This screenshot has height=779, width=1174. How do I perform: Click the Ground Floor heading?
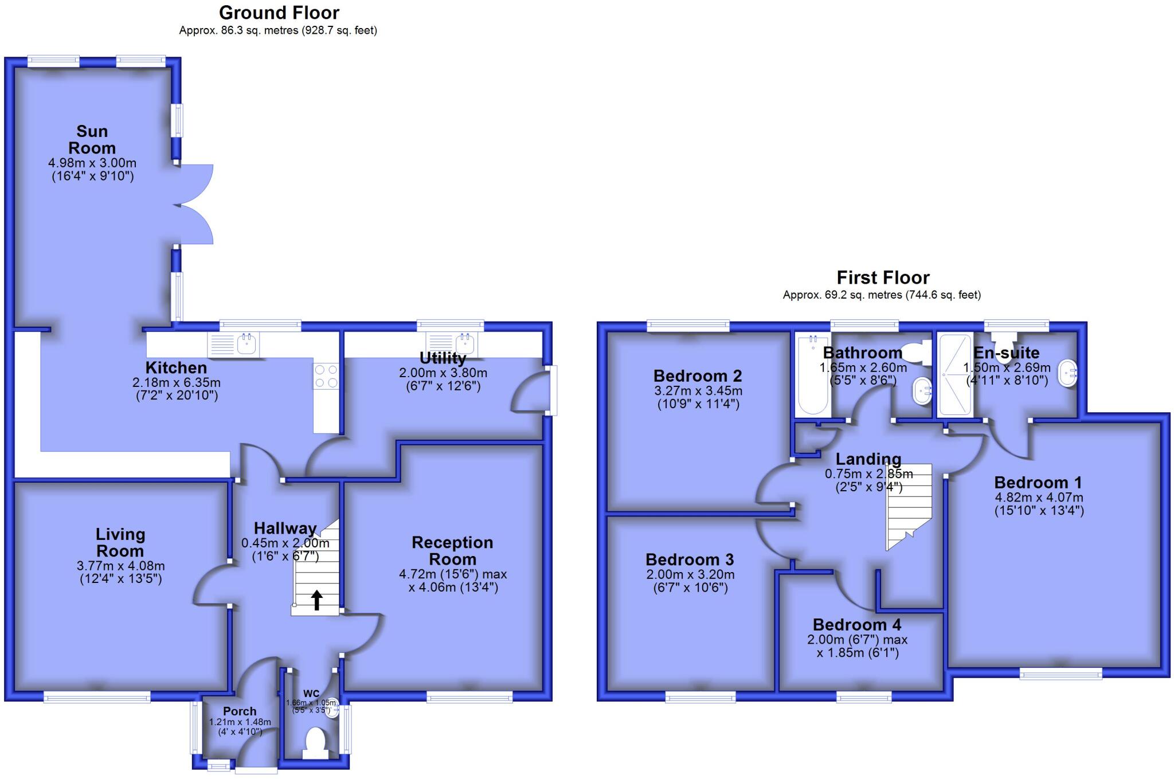(x=279, y=13)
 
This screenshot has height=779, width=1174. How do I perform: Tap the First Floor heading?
(x=883, y=277)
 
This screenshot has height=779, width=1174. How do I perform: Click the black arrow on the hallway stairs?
(x=316, y=600)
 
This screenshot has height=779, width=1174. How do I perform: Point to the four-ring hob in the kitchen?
(x=326, y=376)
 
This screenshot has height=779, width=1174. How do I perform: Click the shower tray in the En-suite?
(x=955, y=375)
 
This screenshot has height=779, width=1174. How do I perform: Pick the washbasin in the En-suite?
(x=1069, y=373)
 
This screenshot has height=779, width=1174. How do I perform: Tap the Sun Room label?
(x=92, y=139)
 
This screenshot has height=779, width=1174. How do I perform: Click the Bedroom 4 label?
(x=857, y=624)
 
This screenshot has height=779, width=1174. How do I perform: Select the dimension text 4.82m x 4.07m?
(x=1039, y=498)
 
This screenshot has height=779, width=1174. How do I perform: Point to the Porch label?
(x=240, y=711)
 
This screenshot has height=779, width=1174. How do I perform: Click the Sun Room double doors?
(x=194, y=205)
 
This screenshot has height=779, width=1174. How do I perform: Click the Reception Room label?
(x=452, y=550)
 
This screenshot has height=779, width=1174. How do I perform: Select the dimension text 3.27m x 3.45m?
(x=698, y=391)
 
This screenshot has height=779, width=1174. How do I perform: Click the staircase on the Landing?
(x=908, y=504)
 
